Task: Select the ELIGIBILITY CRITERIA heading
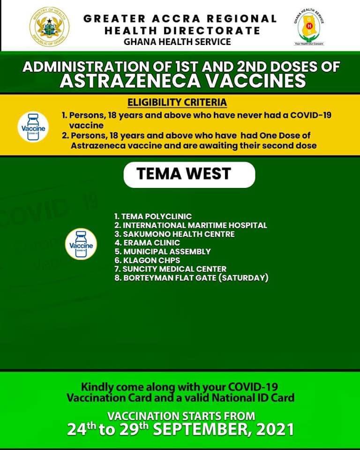coord(178,102)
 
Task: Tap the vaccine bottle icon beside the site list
coord(81,244)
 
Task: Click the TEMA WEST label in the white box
coord(184,174)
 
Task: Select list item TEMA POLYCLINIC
coord(153,217)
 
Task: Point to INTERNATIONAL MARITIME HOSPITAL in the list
coord(191,225)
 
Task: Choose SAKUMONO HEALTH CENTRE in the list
coord(174,234)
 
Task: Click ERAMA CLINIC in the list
coord(147,243)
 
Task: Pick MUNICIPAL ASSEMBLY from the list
coord(162,252)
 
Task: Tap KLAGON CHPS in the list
coord(147,260)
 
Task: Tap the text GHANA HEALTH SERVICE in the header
coord(177,42)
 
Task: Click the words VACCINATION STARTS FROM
coord(181,415)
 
